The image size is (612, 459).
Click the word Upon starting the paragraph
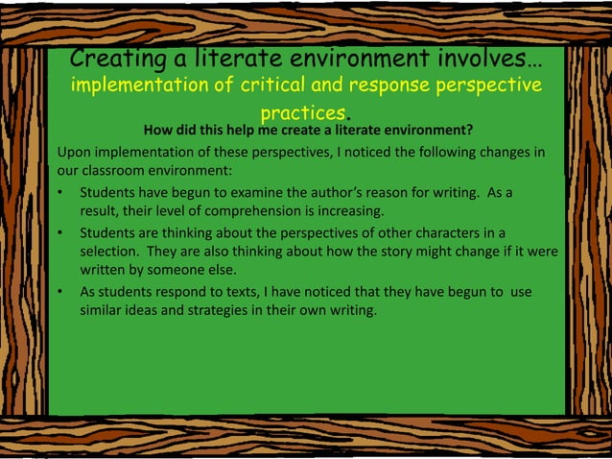click(x=75, y=152)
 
